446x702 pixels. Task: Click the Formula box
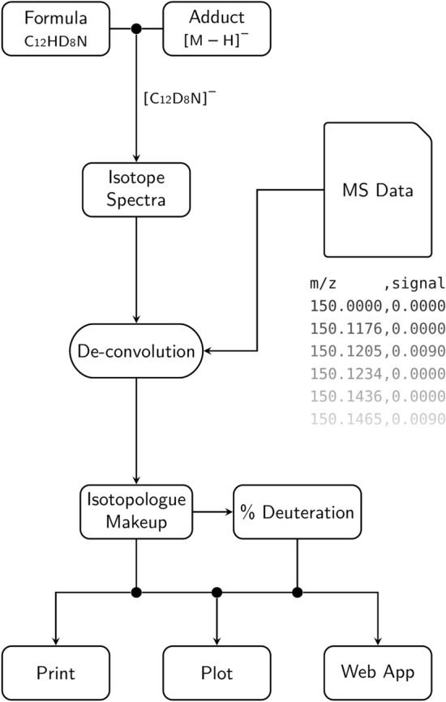(55, 29)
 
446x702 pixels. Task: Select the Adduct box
(217, 29)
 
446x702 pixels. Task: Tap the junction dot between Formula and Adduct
(136, 29)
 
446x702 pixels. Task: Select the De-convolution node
(136, 352)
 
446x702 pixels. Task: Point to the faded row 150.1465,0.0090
(377, 419)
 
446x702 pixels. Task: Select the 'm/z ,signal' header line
(377, 284)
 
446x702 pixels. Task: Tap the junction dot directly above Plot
(217, 592)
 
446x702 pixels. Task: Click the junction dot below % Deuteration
(298, 592)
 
